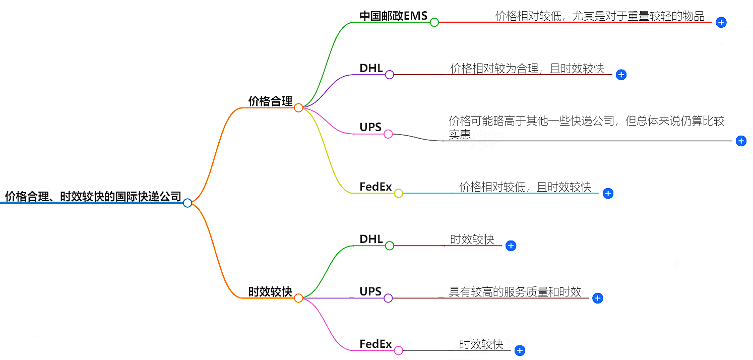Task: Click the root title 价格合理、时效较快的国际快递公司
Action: pos(93,196)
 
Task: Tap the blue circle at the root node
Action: pos(187,203)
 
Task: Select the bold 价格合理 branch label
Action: pos(270,101)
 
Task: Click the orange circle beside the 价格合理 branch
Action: pos(298,108)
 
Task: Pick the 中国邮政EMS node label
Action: pos(393,16)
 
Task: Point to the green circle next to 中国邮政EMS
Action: pos(434,22)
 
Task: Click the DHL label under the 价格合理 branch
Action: pos(371,69)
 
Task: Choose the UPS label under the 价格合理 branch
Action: pos(370,128)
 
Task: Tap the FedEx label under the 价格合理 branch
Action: pos(375,187)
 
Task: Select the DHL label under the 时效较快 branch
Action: pos(371,239)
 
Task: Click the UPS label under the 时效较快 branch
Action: pos(370,291)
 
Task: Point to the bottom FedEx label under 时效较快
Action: pos(375,344)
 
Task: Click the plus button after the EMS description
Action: pos(721,22)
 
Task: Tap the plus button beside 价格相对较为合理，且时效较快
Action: pos(621,75)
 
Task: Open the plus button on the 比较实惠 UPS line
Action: pos(741,141)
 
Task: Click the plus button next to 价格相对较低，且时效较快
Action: pos(608,193)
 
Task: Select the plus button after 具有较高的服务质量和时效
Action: pos(598,298)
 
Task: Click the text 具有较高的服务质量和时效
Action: pos(515,292)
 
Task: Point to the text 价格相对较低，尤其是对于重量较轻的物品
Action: pos(600,16)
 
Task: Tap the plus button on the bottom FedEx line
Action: pos(520,350)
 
